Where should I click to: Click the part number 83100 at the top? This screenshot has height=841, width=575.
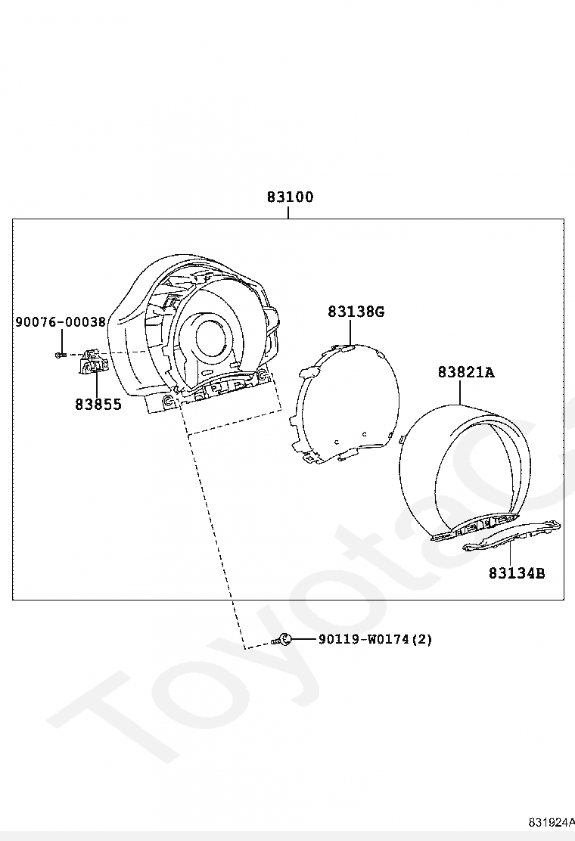(x=291, y=197)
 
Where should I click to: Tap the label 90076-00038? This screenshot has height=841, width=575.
(x=60, y=322)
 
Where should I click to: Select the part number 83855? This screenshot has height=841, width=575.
(x=98, y=405)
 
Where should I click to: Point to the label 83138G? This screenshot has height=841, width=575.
(x=356, y=311)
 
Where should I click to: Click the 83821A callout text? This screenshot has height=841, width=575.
(x=466, y=371)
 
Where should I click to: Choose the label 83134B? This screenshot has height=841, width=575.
(x=517, y=573)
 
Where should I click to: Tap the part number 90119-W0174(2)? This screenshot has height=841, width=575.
(x=375, y=639)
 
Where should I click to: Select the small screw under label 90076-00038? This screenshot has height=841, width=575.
(x=61, y=355)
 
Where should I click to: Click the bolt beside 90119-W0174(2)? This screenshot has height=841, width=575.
(x=282, y=639)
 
